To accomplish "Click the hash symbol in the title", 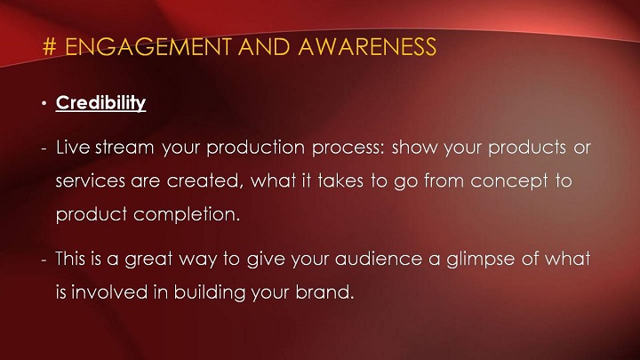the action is [x=49, y=47].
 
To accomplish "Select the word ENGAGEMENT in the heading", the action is [x=148, y=47].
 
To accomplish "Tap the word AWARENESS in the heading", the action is [x=367, y=47].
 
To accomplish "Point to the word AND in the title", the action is [x=265, y=47].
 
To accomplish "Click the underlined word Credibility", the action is [x=100, y=103].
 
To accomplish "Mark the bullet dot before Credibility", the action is [x=44, y=104].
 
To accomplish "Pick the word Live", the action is [x=73, y=148].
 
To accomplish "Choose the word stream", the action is [x=124, y=148].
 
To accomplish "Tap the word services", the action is [x=90, y=181].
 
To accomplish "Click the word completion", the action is [x=187, y=215].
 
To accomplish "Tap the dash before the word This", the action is [x=44, y=260].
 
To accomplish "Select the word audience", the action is [x=379, y=260].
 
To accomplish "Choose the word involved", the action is [x=109, y=292].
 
